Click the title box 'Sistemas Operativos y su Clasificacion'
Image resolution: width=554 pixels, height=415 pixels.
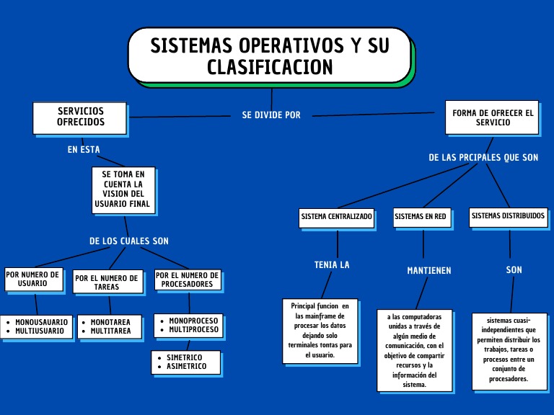(x=271, y=55)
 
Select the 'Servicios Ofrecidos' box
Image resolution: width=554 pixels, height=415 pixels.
(x=80, y=118)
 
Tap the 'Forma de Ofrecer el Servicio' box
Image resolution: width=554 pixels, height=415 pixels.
(x=492, y=117)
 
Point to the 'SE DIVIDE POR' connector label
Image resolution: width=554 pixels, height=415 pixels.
(x=271, y=115)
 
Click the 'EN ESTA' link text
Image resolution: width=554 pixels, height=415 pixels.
(x=84, y=150)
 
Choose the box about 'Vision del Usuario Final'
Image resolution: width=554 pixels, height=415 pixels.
(x=123, y=190)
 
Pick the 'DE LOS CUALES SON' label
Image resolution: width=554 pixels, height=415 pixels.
(x=129, y=241)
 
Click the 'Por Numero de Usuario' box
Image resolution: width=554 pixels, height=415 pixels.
(x=34, y=279)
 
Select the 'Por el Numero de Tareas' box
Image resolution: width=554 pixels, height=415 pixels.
(x=107, y=282)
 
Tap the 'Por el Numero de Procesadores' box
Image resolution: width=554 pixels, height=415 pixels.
(x=188, y=280)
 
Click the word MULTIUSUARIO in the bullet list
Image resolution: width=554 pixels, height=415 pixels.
(x=40, y=331)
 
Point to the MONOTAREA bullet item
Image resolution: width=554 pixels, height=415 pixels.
(x=110, y=322)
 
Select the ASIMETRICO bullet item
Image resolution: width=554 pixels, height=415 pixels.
(x=187, y=366)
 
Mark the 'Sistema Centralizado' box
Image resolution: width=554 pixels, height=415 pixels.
(x=336, y=218)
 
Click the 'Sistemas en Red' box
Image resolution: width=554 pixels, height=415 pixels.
(x=423, y=218)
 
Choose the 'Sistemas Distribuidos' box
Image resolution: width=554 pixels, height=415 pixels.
(x=508, y=217)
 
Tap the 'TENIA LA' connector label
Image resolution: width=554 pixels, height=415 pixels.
(x=332, y=265)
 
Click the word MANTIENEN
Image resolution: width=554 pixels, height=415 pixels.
(x=429, y=271)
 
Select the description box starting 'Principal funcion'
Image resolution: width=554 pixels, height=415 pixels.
(x=320, y=331)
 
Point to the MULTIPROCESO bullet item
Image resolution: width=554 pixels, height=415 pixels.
(x=193, y=329)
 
